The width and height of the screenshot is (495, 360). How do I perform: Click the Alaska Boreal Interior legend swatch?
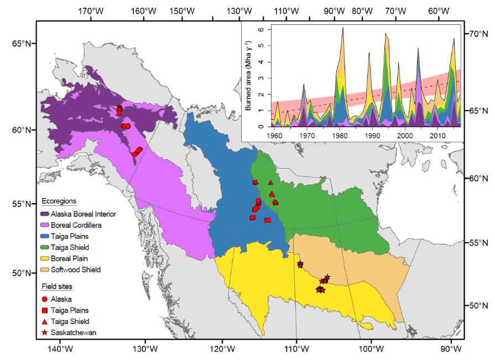45,213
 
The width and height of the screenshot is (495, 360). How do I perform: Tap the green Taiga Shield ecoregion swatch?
45,247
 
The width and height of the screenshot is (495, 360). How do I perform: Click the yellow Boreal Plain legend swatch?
45,258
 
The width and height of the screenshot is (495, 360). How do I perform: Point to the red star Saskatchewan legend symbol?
45,333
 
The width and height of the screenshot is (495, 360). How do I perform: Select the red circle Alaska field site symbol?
45,299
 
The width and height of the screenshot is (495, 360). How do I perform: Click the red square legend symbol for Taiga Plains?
45,310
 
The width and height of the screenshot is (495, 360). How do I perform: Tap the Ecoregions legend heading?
59,201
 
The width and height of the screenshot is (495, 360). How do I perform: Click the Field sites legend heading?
57,286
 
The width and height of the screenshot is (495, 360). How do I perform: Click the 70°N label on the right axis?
479,34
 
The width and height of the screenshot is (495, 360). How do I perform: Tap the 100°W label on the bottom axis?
371,349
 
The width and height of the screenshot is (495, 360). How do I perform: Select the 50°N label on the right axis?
479,305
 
